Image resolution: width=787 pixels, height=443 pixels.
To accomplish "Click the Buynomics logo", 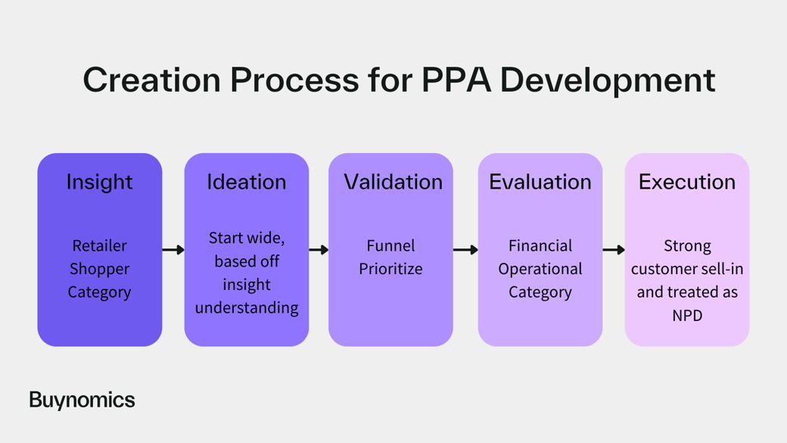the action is [x=82, y=401].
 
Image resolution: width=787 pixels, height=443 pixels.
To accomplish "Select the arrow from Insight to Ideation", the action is [x=173, y=250].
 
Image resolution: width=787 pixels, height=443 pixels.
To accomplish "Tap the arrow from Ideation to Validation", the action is [x=319, y=250].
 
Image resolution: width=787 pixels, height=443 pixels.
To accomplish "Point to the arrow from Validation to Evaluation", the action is [x=465, y=250].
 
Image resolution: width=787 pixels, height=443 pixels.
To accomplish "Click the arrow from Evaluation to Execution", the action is [x=614, y=250].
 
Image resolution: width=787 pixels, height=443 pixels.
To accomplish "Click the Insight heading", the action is [x=99, y=183].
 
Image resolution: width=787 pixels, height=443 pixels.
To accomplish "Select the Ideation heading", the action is [x=247, y=182].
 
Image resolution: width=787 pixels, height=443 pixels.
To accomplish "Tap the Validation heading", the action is [x=393, y=182].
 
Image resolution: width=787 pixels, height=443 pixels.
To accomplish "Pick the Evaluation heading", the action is [x=540, y=182].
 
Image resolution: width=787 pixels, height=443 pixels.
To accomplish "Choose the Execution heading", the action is [x=686, y=182].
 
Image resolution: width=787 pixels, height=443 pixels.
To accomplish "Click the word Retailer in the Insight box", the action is [x=99, y=245].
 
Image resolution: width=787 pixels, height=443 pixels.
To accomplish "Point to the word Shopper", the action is [x=99, y=270].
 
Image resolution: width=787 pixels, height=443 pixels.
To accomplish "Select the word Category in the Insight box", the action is [x=99, y=292].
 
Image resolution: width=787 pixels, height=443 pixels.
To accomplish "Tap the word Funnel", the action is [x=390, y=245].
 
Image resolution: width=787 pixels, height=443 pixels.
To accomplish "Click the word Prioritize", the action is [x=390, y=270].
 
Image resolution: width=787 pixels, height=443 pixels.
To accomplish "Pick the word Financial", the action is [x=540, y=245].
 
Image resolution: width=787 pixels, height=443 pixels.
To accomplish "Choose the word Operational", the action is [x=540, y=270].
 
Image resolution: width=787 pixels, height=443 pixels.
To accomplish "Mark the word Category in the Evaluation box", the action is [x=540, y=292].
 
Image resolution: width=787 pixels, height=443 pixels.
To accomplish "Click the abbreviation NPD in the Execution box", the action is [x=687, y=316].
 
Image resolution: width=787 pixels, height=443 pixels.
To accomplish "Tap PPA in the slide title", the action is [x=456, y=80].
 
